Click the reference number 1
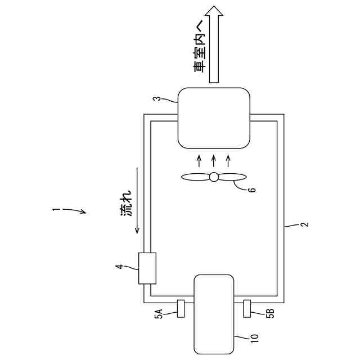tap(56, 210)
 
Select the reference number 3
tap(159, 100)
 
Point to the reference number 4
tap(119, 267)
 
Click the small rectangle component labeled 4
tap(147, 269)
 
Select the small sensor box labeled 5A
tap(181, 309)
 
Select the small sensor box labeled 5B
tap(247, 309)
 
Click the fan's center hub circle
tap(214, 177)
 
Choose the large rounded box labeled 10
tap(213, 313)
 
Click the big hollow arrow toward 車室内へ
tap(214, 45)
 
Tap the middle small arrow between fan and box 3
tap(214, 159)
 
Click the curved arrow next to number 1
tap(75, 211)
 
